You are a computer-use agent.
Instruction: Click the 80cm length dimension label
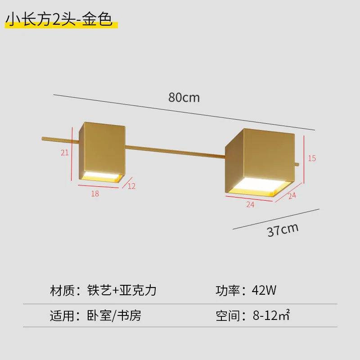pyautogui.click(x=184, y=97)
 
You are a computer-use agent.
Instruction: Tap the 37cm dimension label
pyautogui.click(x=283, y=229)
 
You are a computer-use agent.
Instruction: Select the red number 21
pyautogui.click(x=64, y=153)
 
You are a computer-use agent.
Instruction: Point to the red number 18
pyautogui.click(x=95, y=193)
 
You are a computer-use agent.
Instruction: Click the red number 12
pyautogui.click(x=131, y=186)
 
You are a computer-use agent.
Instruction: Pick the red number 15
pyautogui.click(x=312, y=158)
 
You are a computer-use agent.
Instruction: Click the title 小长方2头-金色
pyautogui.click(x=59, y=19)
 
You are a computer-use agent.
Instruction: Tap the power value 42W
pyautogui.click(x=264, y=290)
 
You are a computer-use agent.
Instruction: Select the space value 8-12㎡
pyautogui.click(x=271, y=315)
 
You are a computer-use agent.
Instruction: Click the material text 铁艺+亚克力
pyautogui.click(x=121, y=290)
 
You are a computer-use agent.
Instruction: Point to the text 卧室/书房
pyautogui.click(x=114, y=315)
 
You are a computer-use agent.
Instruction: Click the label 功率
pyautogui.click(x=228, y=290)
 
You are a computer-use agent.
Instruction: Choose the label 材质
pyautogui.click(x=62, y=290)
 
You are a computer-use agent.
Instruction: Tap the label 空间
pyautogui.click(x=228, y=316)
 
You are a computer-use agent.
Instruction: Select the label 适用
pyautogui.click(x=62, y=316)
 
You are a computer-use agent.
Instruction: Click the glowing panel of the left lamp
pyautogui.click(x=102, y=176)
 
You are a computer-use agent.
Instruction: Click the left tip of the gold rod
pyautogui.click(x=42, y=139)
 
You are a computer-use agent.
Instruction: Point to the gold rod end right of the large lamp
pyautogui.click(x=297, y=164)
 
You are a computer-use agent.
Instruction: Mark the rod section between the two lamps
pyautogui.click(x=175, y=152)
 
